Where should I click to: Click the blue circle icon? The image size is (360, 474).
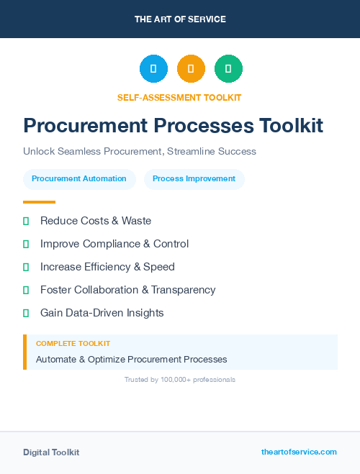pyautogui.click(x=153, y=68)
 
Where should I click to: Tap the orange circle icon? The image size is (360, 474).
pyautogui.click(x=191, y=68)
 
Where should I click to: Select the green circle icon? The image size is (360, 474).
pyautogui.click(x=228, y=68)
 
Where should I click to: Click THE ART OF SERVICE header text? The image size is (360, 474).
pyautogui.click(x=180, y=19)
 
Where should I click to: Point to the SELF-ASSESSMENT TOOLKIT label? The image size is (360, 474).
pyautogui.click(x=179, y=97)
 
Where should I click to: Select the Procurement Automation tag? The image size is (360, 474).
pyautogui.click(x=79, y=179)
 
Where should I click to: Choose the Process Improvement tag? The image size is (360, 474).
pyautogui.click(x=194, y=179)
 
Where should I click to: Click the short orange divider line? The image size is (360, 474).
pyautogui.click(x=39, y=202)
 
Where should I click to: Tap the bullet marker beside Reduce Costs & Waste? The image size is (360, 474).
pyautogui.click(x=26, y=221)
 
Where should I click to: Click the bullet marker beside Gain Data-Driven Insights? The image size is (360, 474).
pyautogui.click(x=26, y=313)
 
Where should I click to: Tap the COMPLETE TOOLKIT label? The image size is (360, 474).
pyautogui.click(x=73, y=344)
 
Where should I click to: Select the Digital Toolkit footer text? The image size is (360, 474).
pyautogui.click(x=51, y=452)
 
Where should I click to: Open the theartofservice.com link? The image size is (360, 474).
pyautogui.click(x=299, y=452)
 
